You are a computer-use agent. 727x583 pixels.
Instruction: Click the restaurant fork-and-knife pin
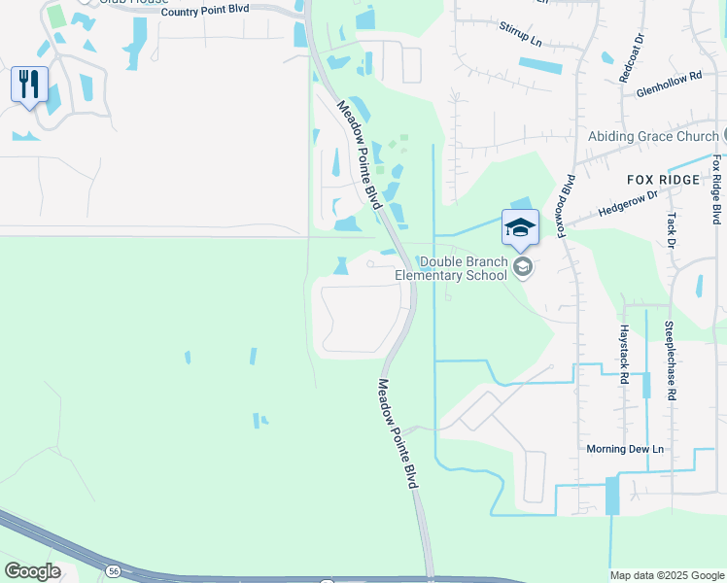click(29, 85)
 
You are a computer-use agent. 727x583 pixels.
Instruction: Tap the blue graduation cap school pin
click(520, 227)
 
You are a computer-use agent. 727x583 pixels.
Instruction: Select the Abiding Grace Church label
click(652, 136)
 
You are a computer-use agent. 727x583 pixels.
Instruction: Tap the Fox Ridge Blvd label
click(716, 189)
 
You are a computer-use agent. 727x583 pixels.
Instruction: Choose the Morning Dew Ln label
click(625, 449)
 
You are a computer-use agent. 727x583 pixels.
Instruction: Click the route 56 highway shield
click(115, 568)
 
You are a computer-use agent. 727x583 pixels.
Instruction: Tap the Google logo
click(32, 571)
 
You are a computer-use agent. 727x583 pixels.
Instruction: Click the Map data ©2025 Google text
click(667, 575)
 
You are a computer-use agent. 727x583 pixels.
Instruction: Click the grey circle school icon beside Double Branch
click(523, 267)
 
